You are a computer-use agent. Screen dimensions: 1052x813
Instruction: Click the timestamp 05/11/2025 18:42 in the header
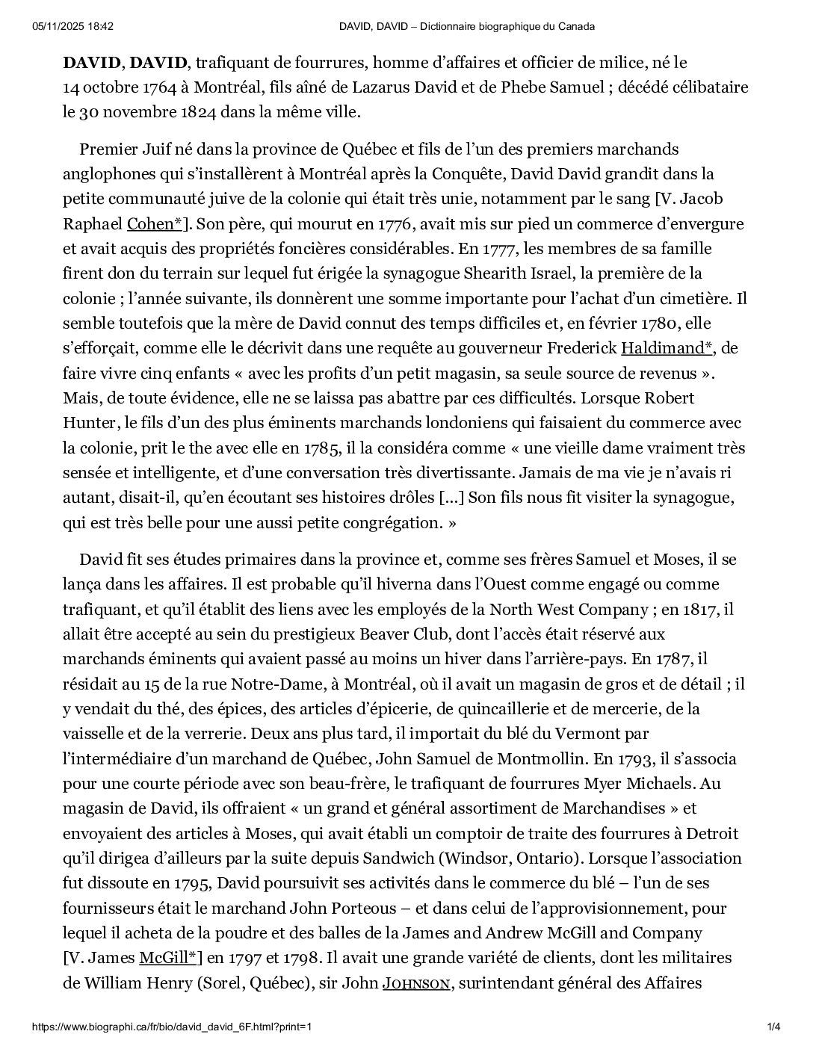(x=73, y=27)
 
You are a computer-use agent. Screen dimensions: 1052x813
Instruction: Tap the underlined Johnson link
(x=417, y=983)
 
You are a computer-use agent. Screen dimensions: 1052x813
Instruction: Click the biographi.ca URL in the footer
(x=171, y=1027)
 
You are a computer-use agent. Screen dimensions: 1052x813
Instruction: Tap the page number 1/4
(x=774, y=1027)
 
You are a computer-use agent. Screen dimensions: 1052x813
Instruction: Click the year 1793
(x=634, y=759)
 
